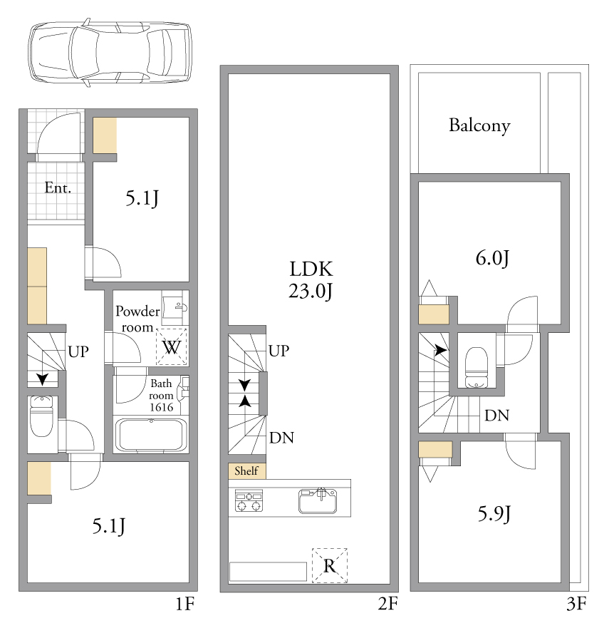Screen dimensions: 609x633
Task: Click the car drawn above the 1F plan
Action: click(110, 53)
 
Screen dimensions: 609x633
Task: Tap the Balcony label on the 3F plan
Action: click(479, 125)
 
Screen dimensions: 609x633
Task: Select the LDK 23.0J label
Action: click(311, 279)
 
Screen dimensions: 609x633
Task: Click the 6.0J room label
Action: click(492, 258)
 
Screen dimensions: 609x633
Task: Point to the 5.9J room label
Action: click(494, 515)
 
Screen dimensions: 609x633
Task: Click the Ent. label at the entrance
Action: click(58, 187)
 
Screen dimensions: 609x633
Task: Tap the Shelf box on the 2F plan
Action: click(247, 470)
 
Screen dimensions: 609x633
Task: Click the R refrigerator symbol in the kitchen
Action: click(330, 565)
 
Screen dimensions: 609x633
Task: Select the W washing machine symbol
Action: click(172, 347)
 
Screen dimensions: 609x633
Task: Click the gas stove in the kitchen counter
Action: click(249, 500)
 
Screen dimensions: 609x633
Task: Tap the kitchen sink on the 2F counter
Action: click(318, 500)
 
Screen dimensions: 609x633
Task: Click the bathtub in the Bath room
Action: click(151, 435)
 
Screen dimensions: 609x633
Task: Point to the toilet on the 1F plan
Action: click(41, 416)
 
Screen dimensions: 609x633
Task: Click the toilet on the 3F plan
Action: click(477, 367)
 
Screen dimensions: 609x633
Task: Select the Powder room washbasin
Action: click(175, 308)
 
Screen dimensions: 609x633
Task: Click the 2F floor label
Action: click(387, 604)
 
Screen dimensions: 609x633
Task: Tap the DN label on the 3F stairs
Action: click(497, 416)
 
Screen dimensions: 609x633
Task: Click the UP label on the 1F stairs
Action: click(78, 352)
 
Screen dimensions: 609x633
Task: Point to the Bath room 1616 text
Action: click(161, 395)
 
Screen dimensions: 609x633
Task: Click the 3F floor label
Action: click(576, 604)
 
